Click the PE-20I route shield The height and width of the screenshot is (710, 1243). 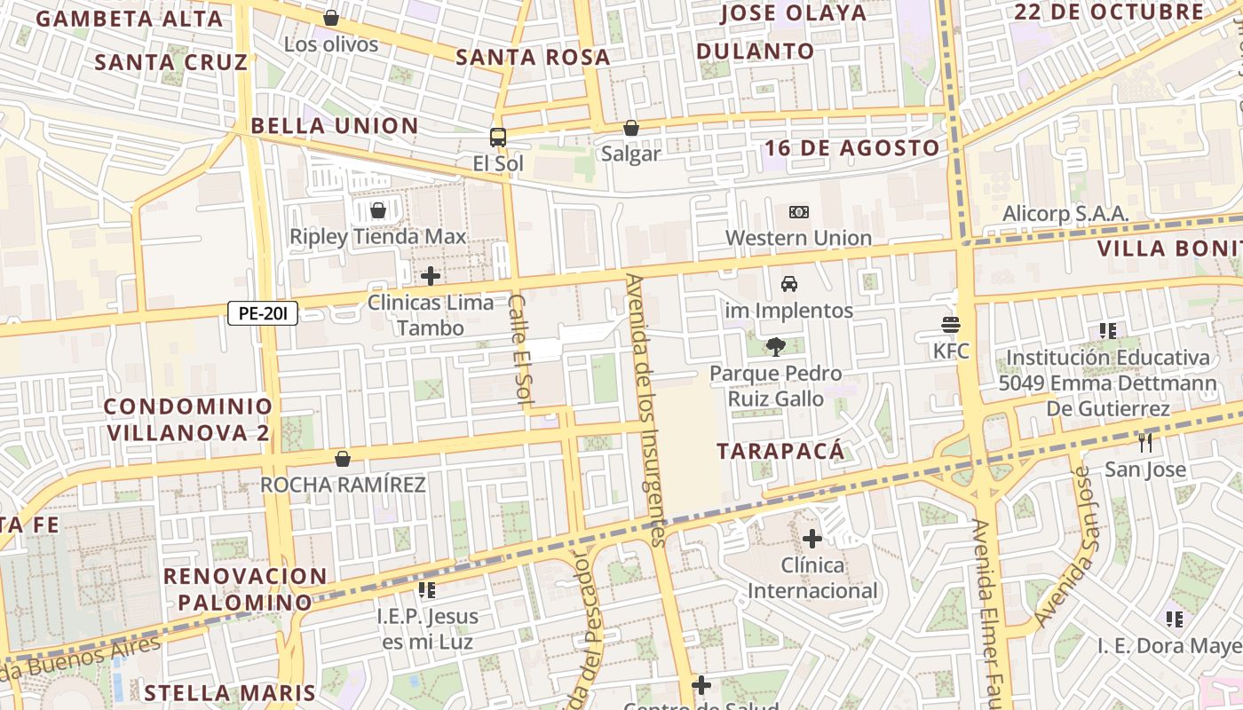tap(263, 312)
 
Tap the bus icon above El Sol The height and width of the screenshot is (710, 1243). tap(498, 138)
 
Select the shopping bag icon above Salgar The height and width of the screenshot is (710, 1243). tap(630, 128)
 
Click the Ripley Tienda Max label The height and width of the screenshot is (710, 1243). tap(377, 237)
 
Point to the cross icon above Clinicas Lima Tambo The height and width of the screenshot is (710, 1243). tap(431, 276)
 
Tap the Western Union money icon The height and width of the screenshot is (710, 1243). tap(798, 212)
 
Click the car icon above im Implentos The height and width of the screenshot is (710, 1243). tap(788, 284)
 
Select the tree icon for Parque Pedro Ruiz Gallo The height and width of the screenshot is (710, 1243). tap(775, 347)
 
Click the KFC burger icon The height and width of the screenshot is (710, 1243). tap(951, 325)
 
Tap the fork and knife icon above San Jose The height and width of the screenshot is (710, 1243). tap(1145, 441)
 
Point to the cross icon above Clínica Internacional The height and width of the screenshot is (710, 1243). tap(812, 538)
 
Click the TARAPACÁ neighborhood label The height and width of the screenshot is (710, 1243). tap(780, 451)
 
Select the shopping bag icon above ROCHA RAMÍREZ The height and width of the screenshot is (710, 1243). tap(343, 459)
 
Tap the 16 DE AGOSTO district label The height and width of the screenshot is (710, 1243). tap(851, 148)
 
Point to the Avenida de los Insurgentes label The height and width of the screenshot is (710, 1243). tap(645, 408)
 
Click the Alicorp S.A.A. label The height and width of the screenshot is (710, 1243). tap(1065, 214)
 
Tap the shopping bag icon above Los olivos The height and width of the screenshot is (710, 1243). tap(331, 18)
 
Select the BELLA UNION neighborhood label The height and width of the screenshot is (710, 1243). tap(335, 126)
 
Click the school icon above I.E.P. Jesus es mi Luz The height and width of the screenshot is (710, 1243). tap(427, 589)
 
